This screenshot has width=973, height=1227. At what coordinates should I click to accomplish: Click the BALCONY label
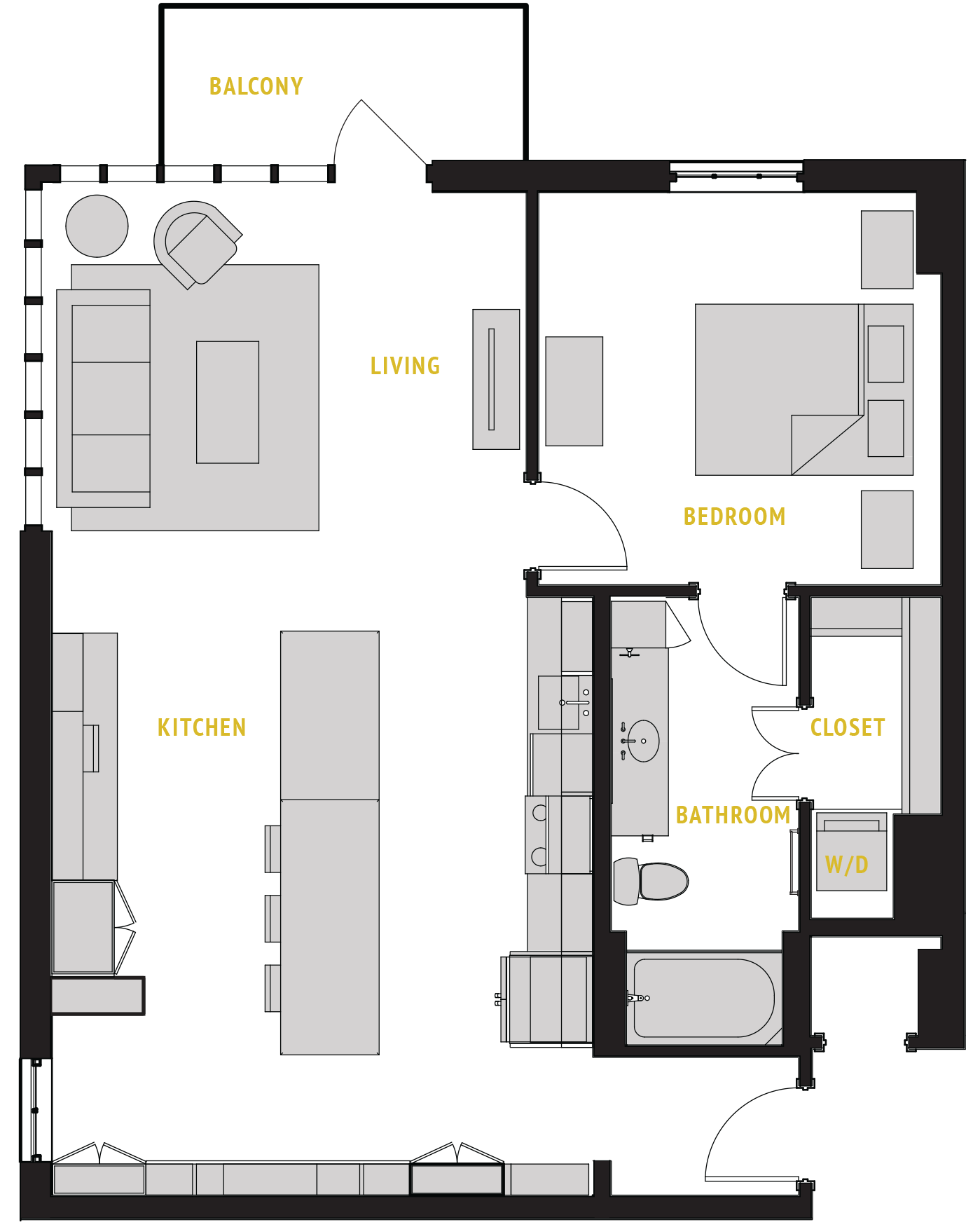(x=256, y=86)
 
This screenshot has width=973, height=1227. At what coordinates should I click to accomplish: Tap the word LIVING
(x=405, y=366)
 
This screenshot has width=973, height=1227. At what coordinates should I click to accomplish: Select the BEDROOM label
(x=734, y=516)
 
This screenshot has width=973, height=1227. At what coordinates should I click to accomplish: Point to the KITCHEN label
(x=202, y=727)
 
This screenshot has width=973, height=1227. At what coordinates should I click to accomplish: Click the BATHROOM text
(x=733, y=815)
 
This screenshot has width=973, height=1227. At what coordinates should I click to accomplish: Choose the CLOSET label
(x=848, y=727)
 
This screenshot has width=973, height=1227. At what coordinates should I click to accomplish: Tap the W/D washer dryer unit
(x=851, y=852)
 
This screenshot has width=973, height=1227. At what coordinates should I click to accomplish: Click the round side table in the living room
(x=97, y=226)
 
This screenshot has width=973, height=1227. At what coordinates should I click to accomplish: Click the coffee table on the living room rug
(x=228, y=402)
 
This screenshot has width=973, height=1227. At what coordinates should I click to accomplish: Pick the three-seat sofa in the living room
(x=104, y=398)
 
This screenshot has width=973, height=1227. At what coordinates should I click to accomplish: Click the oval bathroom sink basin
(x=643, y=741)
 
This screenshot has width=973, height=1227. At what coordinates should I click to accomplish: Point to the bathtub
(x=703, y=998)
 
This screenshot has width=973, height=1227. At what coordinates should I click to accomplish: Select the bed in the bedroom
(x=778, y=390)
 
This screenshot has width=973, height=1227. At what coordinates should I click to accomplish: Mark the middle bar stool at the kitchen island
(x=272, y=918)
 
